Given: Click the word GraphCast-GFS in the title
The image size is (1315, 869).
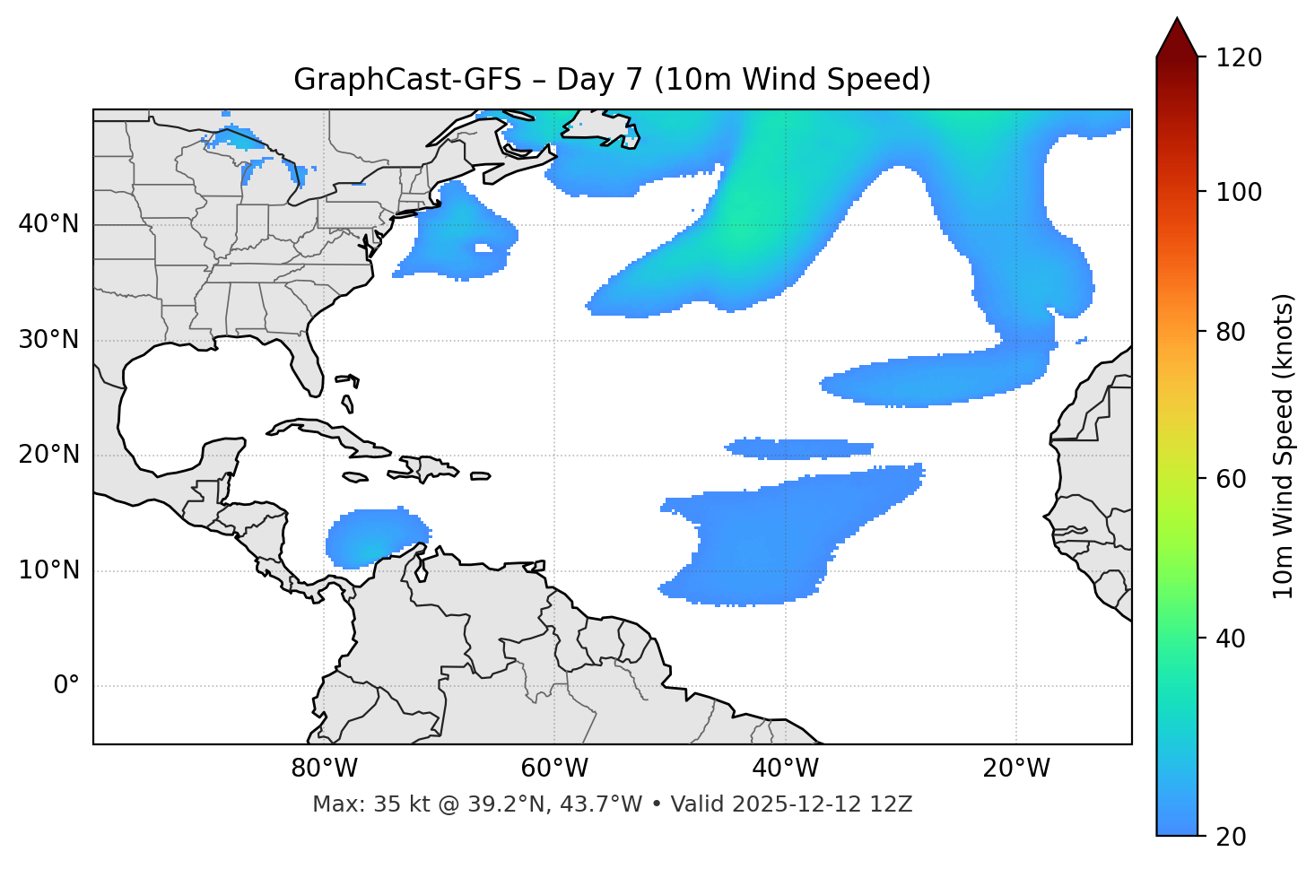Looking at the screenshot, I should point(407,80).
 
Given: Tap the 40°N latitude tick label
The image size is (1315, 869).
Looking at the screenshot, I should point(48,224).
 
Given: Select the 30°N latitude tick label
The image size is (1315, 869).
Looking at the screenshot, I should point(48,340).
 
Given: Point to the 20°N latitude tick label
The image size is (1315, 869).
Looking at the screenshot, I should point(48,455).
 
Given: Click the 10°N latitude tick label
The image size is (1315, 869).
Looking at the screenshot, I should point(48,570).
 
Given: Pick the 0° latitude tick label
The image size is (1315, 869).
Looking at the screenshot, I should point(66,686).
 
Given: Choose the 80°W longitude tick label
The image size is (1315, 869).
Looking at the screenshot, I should point(324,769).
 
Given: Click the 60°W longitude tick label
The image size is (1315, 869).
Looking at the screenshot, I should point(554,769).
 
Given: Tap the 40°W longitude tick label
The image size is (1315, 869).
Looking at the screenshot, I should point(785,769).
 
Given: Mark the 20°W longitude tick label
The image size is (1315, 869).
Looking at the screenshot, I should point(1016,769).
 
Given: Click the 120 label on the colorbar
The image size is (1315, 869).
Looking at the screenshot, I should point(1239,58).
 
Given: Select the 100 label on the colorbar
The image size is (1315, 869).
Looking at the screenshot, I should point(1239,192).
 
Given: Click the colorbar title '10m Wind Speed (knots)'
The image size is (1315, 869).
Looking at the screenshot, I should point(1284,446).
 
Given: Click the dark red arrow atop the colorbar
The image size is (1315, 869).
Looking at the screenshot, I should point(1177,39).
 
